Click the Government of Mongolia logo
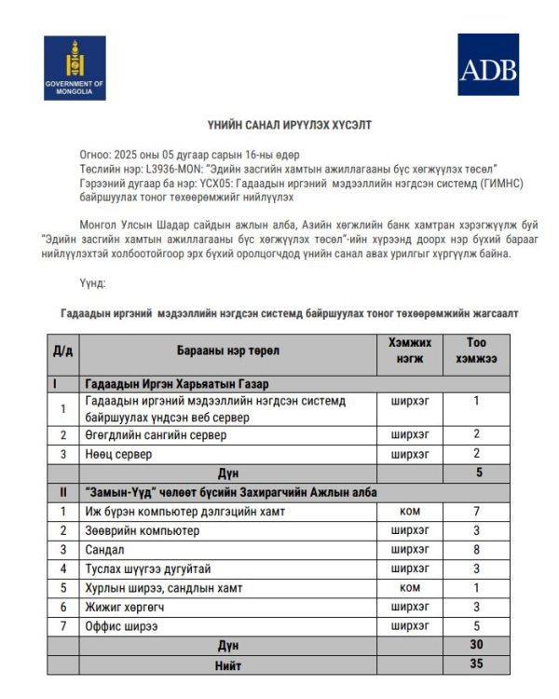tap(75, 67)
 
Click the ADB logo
tap(487, 64)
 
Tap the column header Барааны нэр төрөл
tap(227, 350)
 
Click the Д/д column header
tap(62, 350)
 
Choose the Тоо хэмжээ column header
tap(476, 350)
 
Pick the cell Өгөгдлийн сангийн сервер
tap(156, 434)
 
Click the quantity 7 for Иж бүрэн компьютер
tap(476, 512)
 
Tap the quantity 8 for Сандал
tap(476, 549)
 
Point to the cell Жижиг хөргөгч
tap(123, 607)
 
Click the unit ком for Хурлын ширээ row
tap(410, 588)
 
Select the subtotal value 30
tap(476, 645)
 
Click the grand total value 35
tap(476, 665)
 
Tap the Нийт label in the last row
tap(227, 665)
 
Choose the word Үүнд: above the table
tap(93, 282)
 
